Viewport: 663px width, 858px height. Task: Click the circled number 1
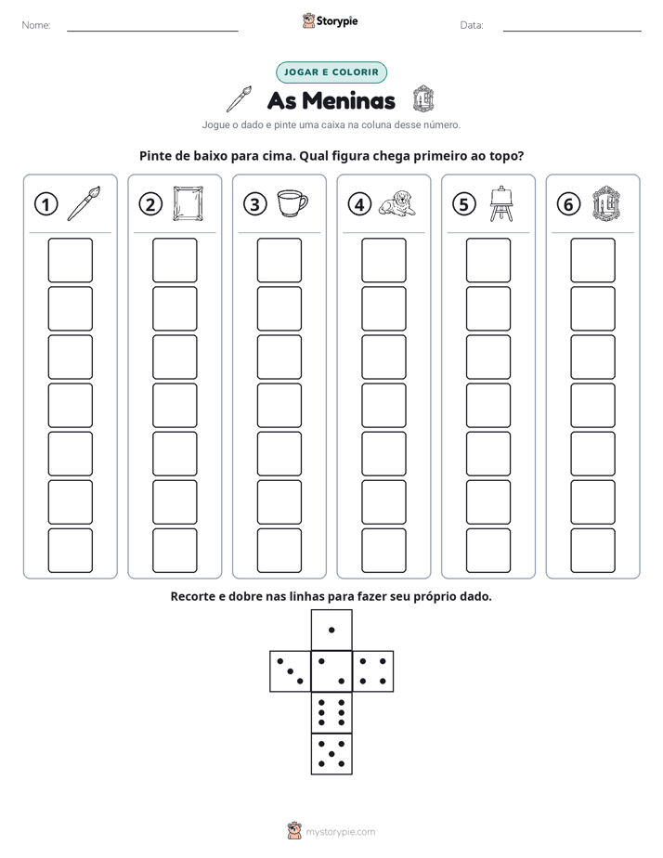pos(45,204)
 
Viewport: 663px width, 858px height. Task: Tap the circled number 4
pos(359,204)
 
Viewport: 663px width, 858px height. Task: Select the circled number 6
pos(568,204)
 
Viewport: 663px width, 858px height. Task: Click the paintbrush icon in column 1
pos(84,203)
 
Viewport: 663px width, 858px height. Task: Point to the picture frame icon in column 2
pos(188,203)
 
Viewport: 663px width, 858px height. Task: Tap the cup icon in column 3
pos(292,203)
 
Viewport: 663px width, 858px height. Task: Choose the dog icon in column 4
pos(397,203)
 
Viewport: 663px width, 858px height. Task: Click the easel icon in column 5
pos(501,203)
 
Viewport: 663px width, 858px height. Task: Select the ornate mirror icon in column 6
pos(606,203)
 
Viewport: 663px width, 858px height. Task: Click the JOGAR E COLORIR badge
pos(331,72)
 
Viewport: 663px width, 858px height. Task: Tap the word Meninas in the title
pos(348,100)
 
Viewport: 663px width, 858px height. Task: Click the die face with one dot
pos(331,630)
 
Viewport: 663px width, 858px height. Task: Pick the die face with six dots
pos(331,712)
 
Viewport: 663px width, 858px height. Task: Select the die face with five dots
pos(331,754)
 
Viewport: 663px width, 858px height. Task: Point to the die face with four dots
pos(373,671)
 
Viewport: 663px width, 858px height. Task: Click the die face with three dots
pos(290,671)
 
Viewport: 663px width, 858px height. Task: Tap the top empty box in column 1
pos(70,260)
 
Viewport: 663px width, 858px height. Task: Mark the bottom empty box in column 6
pos(593,551)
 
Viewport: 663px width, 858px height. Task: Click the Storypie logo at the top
pos(330,20)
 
